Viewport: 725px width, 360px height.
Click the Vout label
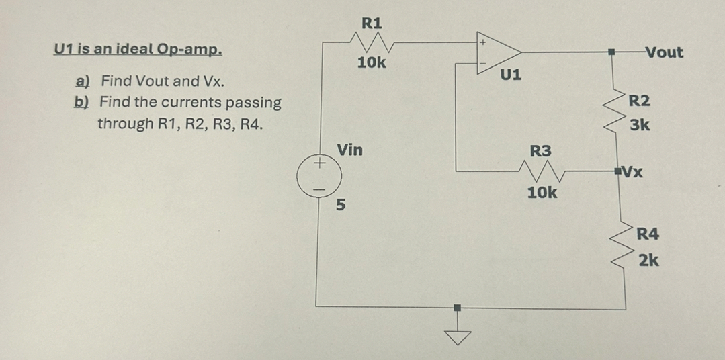(663, 52)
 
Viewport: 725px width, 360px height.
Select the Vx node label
(634, 170)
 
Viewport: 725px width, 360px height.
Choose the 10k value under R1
(371, 63)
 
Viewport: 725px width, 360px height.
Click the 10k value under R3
(542, 193)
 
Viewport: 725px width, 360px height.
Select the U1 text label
(511, 73)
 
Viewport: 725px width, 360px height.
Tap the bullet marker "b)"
(83, 103)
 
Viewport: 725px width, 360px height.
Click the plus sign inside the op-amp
(481, 42)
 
